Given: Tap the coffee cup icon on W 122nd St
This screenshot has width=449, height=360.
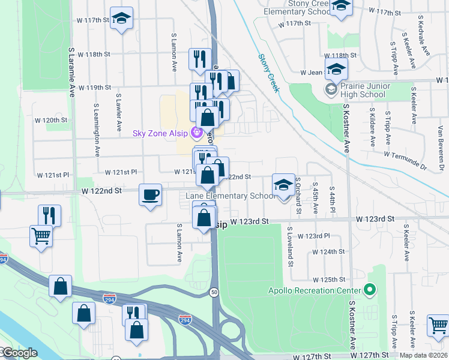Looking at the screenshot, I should (x=150, y=194).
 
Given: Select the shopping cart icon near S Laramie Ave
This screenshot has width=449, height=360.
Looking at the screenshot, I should (x=41, y=236).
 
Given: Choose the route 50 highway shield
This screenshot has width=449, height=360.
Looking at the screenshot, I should (x=214, y=292).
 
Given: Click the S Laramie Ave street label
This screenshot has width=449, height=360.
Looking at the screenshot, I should (x=71, y=71).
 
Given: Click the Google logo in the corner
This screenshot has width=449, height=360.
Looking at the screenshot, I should (x=19, y=353).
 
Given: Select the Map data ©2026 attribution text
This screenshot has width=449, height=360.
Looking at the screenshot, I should (x=423, y=355).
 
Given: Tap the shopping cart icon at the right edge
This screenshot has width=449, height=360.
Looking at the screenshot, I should (x=438, y=326).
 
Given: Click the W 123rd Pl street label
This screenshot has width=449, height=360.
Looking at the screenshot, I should (x=314, y=236).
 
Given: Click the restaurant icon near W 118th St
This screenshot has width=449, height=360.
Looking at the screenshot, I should (x=200, y=59).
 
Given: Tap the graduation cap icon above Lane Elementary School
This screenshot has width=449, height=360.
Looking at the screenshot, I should (x=284, y=185).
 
